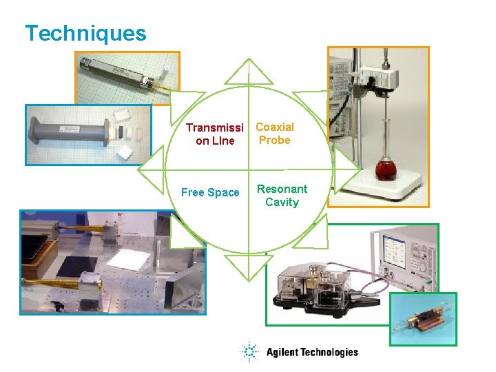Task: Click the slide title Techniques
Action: (85, 33)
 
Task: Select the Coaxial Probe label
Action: (275, 134)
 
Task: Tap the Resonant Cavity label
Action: (282, 196)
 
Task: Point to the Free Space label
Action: (210, 193)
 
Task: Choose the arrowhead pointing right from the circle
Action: (347, 169)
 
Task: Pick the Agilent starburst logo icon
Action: (249, 352)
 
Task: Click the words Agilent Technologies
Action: (312, 352)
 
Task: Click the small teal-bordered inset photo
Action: (423, 319)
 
